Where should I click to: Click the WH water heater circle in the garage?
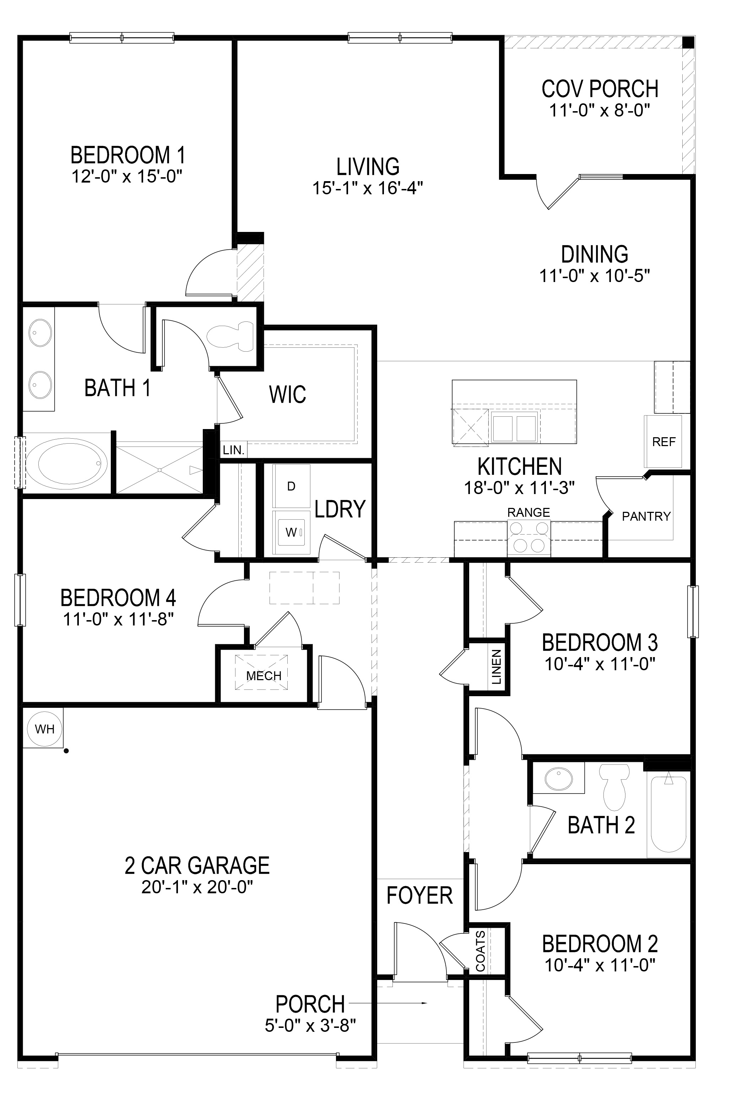tap(44, 728)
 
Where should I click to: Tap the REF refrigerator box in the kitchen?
tap(663, 441)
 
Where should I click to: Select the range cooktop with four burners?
tap(529, 538)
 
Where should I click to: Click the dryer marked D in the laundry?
tap(291, 486)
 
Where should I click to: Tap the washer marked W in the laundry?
tap(291, 532)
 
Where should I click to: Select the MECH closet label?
tap(264, 676)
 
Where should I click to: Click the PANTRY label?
tap(646, 516)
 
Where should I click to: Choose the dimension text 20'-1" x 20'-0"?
tap(197, 887)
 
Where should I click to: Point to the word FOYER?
tap(419, 895)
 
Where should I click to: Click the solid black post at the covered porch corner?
tap(688, 42)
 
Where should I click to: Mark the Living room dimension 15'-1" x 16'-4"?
tap(368, 188)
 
